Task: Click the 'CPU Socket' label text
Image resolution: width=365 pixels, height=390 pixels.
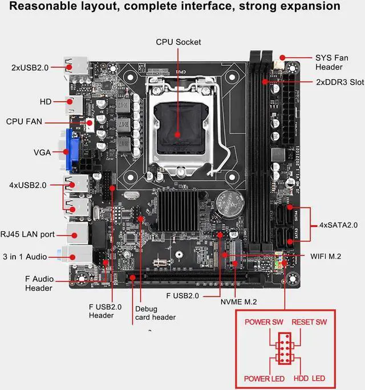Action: (179, 42)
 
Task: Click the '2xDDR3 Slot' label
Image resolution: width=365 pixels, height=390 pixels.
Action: (340, 82)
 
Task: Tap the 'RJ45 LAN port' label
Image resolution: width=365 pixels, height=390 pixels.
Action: (28, 234)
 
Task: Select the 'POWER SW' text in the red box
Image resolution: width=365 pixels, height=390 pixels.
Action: (264, 322)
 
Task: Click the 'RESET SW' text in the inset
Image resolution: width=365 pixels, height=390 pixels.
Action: (310, 322)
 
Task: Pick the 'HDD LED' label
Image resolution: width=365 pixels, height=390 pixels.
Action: (310, 379)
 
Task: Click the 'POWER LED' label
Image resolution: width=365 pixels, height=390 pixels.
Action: (264, 379)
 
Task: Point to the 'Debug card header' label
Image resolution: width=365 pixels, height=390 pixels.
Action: (155, 312)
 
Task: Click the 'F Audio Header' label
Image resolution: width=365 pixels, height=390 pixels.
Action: (39, 283)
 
